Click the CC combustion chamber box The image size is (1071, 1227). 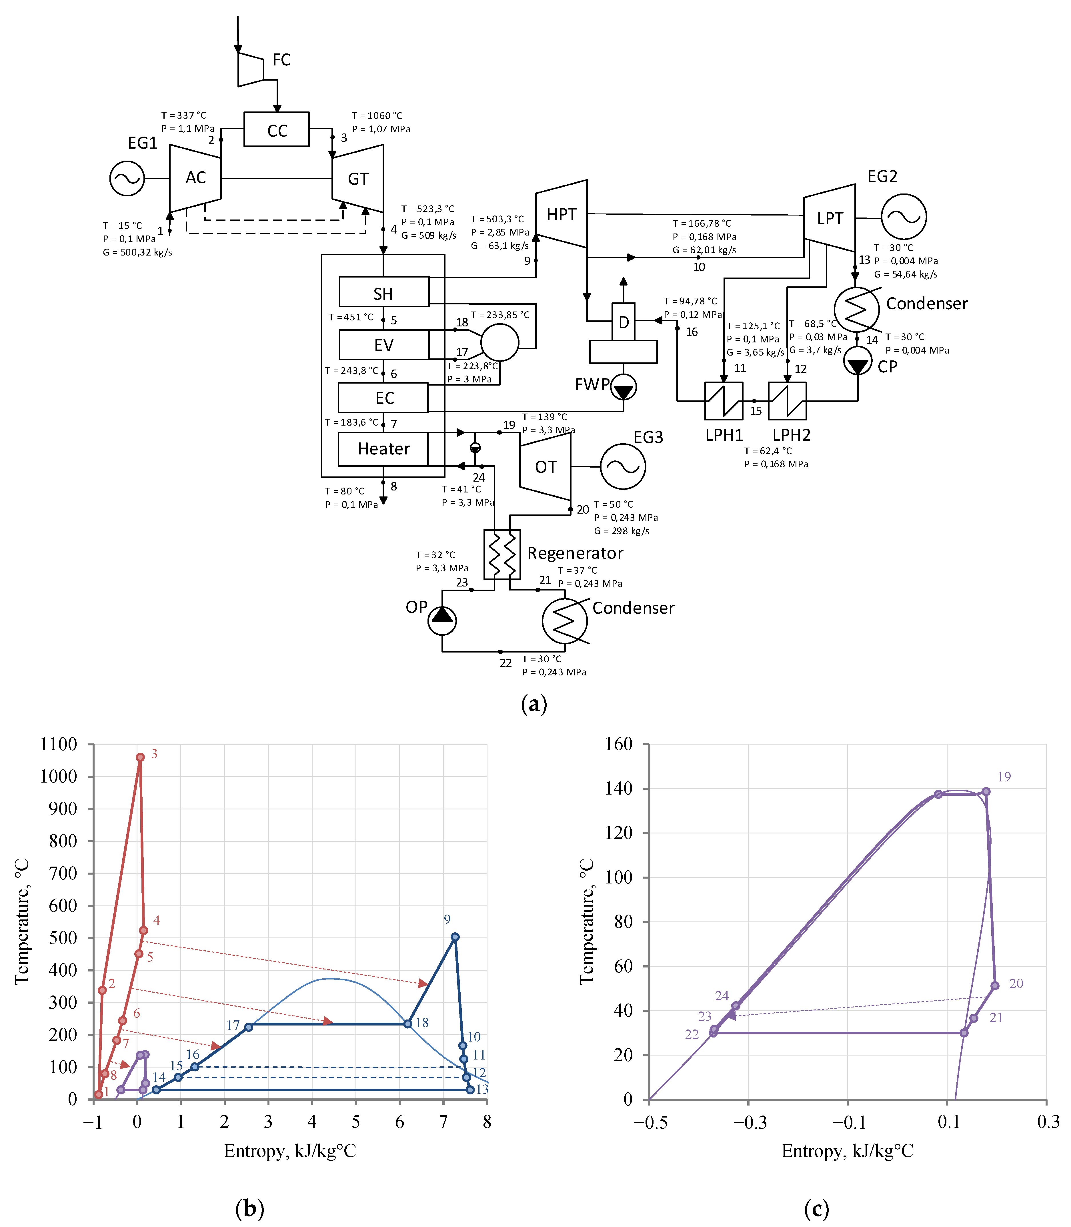pos(276,129)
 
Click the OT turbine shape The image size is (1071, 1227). pos(545,466)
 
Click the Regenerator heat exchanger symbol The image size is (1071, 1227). pos(502,554)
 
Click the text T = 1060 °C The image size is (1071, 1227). pos(377,115)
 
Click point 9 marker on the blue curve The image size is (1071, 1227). pos(455,937)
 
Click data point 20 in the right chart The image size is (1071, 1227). pos(994,985)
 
